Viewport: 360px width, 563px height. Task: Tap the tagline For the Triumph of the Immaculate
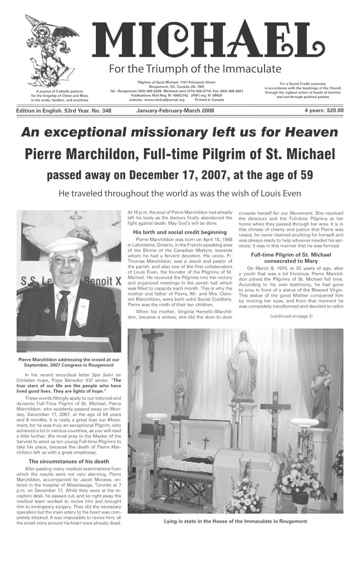click(195, 69)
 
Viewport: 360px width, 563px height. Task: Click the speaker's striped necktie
click(63, 306)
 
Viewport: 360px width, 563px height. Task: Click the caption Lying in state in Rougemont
click(236, 521)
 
